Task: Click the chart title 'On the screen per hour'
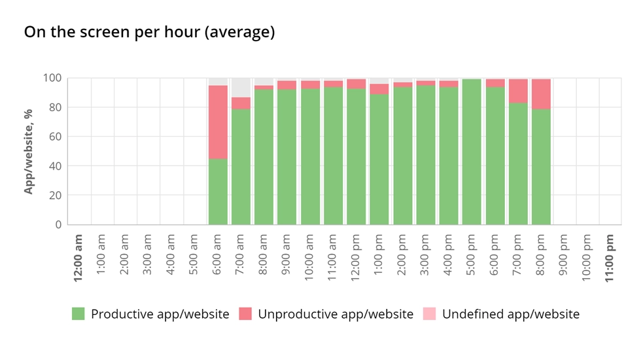149,33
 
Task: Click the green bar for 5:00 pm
472,152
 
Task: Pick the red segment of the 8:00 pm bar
541,94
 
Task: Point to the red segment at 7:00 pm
518,91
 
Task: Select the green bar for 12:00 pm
356,156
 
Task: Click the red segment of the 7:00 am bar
241,103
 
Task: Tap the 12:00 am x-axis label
78,258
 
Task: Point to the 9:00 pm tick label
564,258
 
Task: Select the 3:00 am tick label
148,258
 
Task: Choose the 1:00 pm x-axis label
379,258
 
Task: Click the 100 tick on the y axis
52,78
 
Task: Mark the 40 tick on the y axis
54,166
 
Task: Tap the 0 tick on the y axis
58,225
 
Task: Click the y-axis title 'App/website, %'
29,151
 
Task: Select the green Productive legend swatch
78,314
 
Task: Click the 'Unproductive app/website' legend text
336,314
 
